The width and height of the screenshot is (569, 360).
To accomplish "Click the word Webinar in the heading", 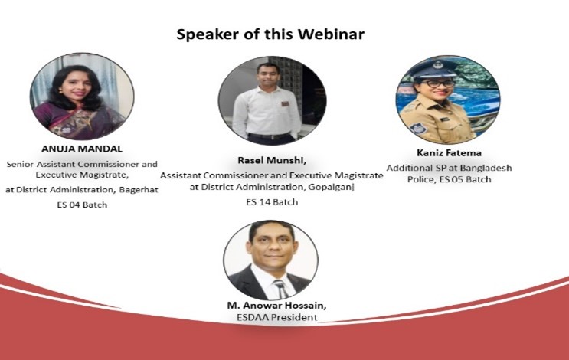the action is [x=332, y=34].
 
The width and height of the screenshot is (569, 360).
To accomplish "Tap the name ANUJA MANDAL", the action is [x=82, y=149].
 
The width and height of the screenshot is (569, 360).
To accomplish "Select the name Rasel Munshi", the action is [x=271, y=160].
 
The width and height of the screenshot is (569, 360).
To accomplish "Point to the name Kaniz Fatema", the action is [x=450, y=152].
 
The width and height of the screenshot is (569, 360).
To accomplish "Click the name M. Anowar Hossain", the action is [x=276, y=305].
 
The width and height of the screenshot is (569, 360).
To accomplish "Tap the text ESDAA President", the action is [x=277, y=317].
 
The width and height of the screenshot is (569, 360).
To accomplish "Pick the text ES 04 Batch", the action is [x=82, y=205].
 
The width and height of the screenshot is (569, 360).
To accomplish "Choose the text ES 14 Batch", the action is [x=272, y=202].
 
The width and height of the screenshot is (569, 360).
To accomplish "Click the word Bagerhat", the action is [x=139, y=190].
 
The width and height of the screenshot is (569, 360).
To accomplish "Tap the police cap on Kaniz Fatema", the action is [x=436, y=67].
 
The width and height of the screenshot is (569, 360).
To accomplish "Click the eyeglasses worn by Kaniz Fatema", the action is [x=438, y=83].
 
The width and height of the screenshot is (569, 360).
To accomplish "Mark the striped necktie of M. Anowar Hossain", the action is [x=281, y=289].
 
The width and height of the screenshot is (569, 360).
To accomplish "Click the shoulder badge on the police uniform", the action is [x=417, y=128].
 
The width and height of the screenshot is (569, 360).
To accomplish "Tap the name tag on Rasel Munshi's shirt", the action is [x=285, y=104].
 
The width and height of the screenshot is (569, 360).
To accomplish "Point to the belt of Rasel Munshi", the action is [x=270, y=136].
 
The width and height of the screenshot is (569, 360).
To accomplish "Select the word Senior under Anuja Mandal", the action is [x=20, y=164].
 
